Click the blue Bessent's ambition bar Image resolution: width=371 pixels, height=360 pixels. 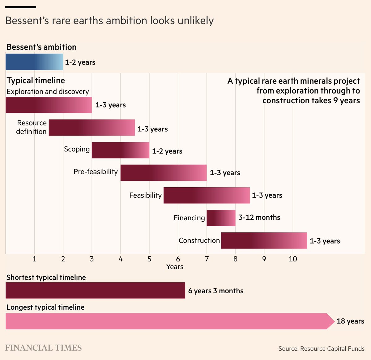point(34,62)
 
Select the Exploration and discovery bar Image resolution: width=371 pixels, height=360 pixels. point(49,105)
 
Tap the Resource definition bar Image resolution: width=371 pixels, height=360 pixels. point(92,127)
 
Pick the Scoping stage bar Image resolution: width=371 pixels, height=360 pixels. point(120,150)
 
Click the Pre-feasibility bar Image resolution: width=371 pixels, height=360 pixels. point(163,173)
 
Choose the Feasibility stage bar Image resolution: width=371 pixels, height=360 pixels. point(206,195)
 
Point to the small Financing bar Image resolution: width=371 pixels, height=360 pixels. point(221,218)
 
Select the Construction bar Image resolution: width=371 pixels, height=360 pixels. point(264,240)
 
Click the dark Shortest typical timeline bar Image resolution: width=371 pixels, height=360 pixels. point(95,290)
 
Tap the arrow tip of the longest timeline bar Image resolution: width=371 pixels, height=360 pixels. point(331,321)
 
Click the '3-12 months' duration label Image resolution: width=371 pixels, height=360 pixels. point(259,218)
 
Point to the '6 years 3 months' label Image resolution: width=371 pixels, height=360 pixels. point(215,291)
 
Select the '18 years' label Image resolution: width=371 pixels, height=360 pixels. point(350,321)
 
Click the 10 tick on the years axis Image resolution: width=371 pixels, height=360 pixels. point(292,259)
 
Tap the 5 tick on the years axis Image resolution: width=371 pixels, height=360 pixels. point(149,259)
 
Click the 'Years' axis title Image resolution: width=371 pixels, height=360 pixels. point(174,267)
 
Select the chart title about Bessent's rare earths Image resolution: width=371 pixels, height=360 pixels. point(109,21)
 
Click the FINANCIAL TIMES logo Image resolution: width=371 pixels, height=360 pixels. point(43,348)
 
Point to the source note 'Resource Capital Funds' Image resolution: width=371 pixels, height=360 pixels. point(322,349)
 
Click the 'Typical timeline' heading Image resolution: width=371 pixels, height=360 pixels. point(36,80)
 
